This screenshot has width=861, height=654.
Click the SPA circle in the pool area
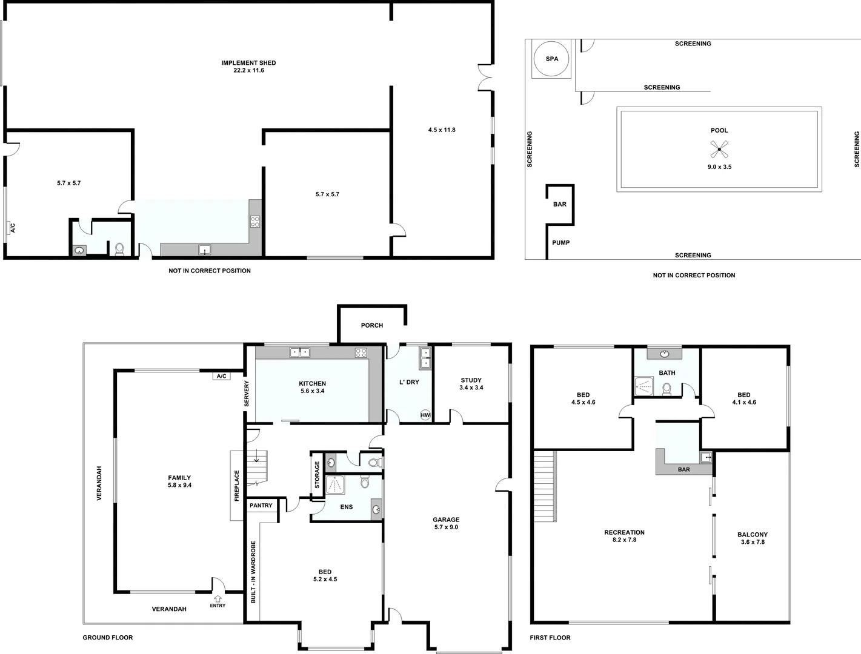point(551,59)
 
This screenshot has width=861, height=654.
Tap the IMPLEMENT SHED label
point(248,63)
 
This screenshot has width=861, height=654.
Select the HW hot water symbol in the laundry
point(425,415)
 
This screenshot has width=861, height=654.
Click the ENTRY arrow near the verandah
point(218,599)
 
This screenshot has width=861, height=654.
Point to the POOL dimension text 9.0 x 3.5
point(719,167)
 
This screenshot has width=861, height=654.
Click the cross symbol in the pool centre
point(719,148)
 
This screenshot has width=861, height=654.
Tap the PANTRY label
point(261,505)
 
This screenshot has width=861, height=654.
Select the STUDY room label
point(471,380)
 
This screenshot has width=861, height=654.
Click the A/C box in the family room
point(221,376)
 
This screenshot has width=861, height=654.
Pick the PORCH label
point(371,325)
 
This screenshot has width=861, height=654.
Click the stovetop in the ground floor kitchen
point(361,352)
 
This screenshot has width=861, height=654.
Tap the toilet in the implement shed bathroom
point(119,249)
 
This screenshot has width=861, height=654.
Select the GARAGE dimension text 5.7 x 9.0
point(446,527)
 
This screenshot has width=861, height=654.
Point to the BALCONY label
point(753,535)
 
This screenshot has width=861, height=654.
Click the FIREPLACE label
point(237,485)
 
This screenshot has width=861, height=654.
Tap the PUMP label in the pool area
point(560,243)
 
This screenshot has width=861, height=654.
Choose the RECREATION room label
point(624,532)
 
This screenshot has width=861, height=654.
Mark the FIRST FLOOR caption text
point(550,638)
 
